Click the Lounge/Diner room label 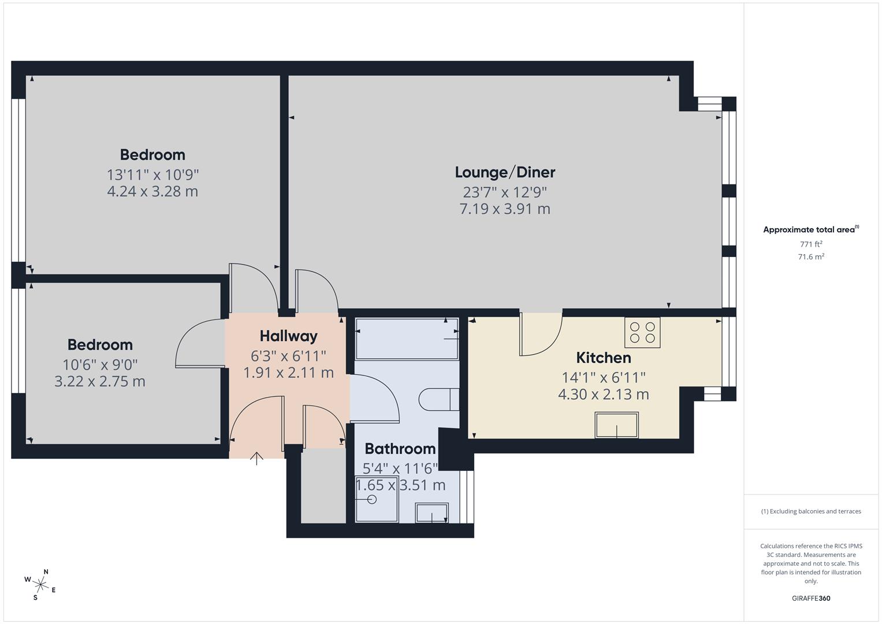point(505,172)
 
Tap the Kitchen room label point(603,358)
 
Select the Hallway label point(288,336)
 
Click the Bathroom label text point(400,448)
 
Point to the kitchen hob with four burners point(642,332)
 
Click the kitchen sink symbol point(616,425)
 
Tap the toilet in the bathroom point(438,399)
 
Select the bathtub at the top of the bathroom point(407,339)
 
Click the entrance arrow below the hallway point(256,458)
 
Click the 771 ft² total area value point(811,244)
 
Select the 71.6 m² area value point(811,257)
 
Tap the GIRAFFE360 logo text point(811,598)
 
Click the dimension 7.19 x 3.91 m point(505,209)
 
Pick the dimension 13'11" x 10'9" point(152,174)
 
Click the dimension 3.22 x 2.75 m point(100,381)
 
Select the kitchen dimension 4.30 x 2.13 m point(603,395)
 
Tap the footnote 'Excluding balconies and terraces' point(811,511)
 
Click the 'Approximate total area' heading point(810,230)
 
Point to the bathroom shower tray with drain point(377,500)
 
